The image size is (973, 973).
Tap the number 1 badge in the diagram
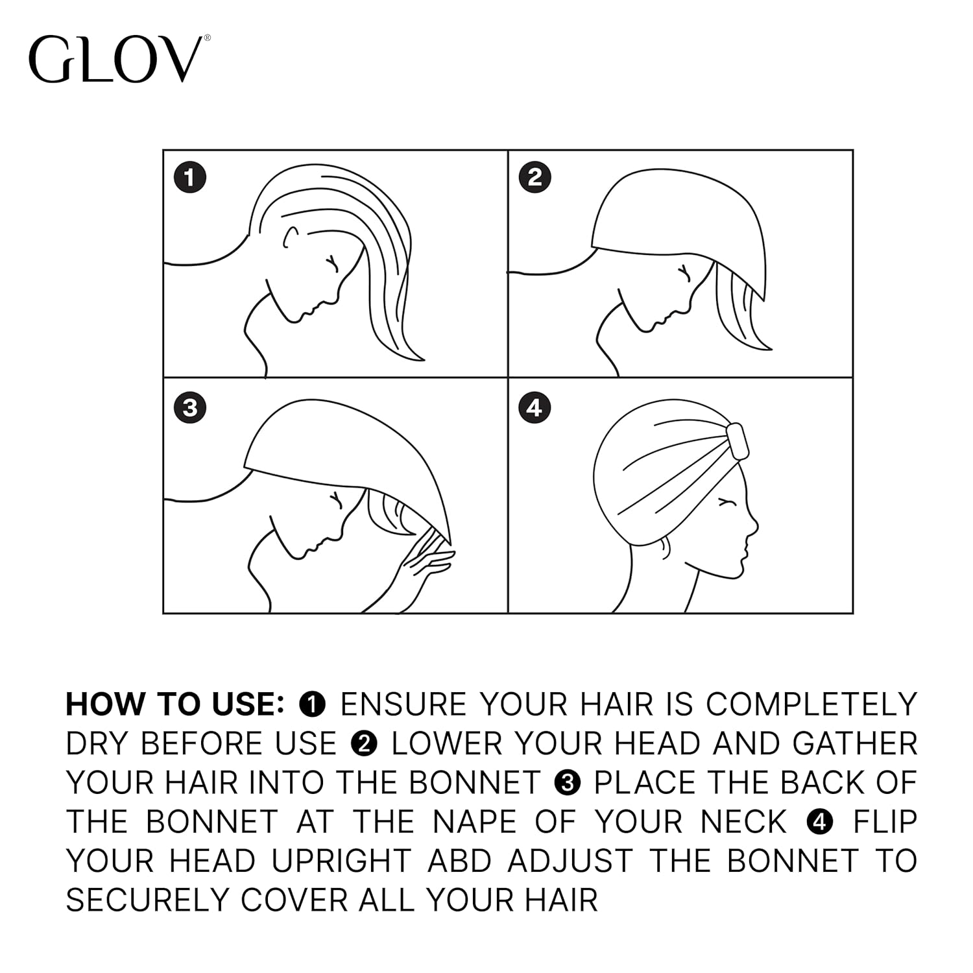pos(190,178)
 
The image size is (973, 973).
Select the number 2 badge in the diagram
pos(535,178)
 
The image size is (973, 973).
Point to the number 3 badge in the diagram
pos(190,408)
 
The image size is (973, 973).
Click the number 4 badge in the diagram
pos(535,408)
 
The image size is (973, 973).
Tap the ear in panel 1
pos(290,237)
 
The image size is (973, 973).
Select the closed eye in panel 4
pos(729,502)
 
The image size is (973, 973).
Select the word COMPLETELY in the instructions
pos(811,704)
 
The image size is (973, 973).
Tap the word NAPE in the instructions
pos(474,822)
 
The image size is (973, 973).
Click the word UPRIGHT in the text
pos(341,861)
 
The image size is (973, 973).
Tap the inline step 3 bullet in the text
pos(567,783)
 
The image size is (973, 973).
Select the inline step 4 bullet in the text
pos(820,822)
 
